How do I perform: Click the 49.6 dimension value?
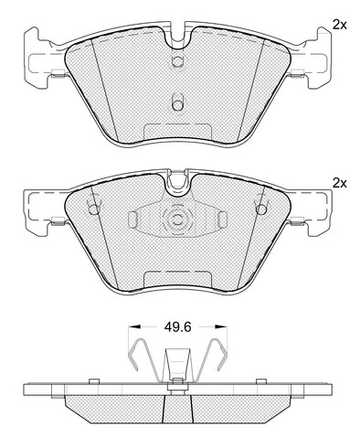point(177,327)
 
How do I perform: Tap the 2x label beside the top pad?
point(340,26)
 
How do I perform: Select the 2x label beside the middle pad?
point(340,183)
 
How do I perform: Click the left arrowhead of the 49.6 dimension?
point(134,327)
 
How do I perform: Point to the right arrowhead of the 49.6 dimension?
point(221,327)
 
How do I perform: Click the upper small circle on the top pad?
point(177,61)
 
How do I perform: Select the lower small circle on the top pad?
point(177,105)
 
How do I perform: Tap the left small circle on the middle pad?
point(94,209)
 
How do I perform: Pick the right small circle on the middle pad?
point(261,209)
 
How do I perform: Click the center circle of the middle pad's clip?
point(177,219)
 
